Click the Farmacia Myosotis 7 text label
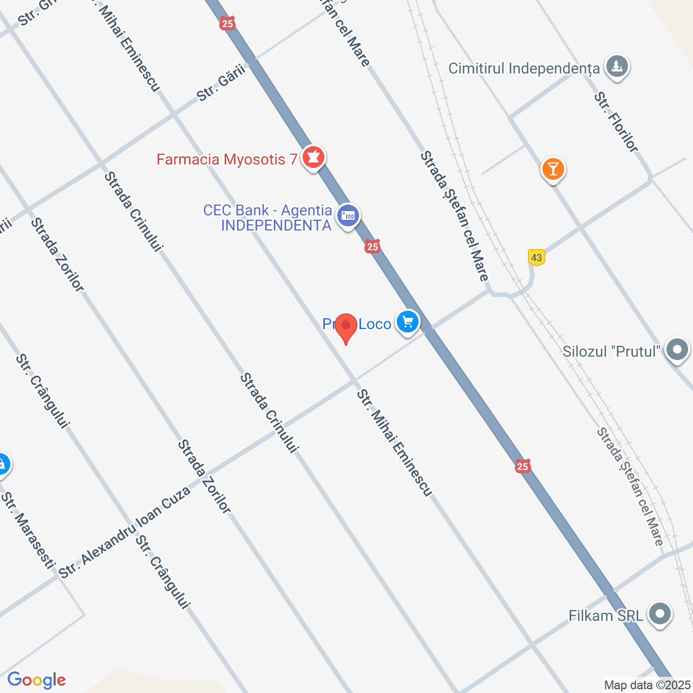(x=227, y=159)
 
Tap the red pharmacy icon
(x=313, y=157)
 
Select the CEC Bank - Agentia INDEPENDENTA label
(x=267, y=218)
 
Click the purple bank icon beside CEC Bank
(x=348, y=216)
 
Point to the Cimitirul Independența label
(x=524, y=68)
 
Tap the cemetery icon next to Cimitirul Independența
(x=617, y=67)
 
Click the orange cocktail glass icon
(x=553, y=169)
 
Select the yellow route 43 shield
(x=537, y=257)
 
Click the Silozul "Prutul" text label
(x=611, y=351)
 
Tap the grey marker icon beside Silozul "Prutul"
(x=677, y=349)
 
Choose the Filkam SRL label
(x=606, y=616)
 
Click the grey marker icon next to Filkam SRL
(x=659, y=614)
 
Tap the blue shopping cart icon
(x=408, y=322)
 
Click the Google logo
(x=37, y=680)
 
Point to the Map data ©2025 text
(x=648, y=685)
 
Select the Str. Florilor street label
(x=616, y=122)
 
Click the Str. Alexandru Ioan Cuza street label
(x=125, y=532)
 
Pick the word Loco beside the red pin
(x=375, y=324)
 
